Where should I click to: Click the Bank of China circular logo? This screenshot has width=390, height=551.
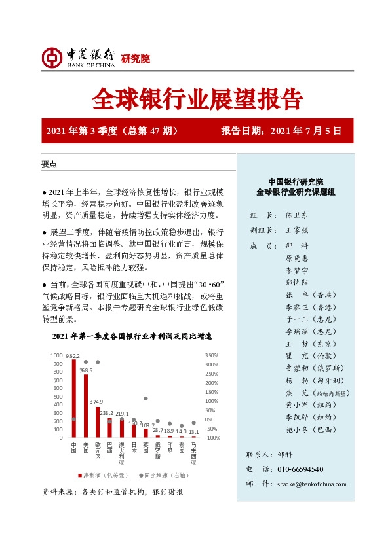click(x=52, y=58)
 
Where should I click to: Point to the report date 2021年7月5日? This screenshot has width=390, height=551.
click(x=311, y=131)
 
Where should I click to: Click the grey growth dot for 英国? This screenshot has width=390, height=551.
click(x=146, y=398)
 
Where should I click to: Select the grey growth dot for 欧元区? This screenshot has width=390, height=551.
click(x=98, y=362)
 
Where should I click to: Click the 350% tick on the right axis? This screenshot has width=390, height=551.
click(x=211, y=355)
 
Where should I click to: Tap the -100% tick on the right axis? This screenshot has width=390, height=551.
click(x=211, y=437)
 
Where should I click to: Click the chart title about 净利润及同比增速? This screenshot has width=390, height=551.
click(x=132, y=336)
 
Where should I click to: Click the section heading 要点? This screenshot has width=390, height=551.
click(x=49, y=164)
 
